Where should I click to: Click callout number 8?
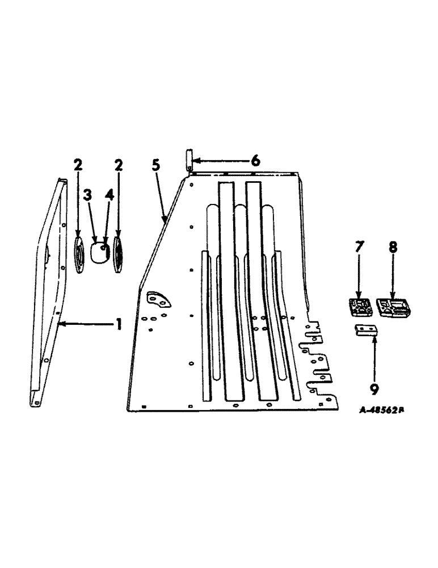[x=393, y=248]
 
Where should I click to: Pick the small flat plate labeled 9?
[x=364, y=331]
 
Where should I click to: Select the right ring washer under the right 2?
[x=119, y=250]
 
